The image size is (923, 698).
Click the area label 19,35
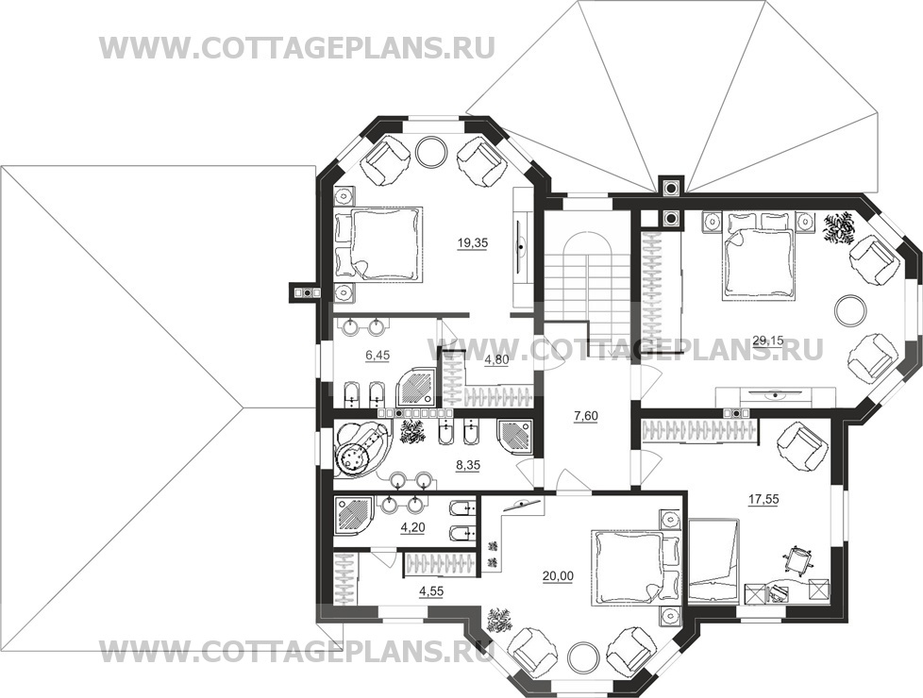(x=473, y=241)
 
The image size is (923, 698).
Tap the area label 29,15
(x=767, y=339)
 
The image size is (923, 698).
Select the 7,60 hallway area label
(x=586, y=416)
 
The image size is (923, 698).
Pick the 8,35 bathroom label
(x=468, y=465)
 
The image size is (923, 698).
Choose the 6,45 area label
(x=378, y=355)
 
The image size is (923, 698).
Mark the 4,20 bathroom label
(x=413, y=528)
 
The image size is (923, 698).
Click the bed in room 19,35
(x=378, y=243)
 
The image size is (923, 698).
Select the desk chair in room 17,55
(x=798, y=557)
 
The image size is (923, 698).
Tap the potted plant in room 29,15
(x=838, y=228)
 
